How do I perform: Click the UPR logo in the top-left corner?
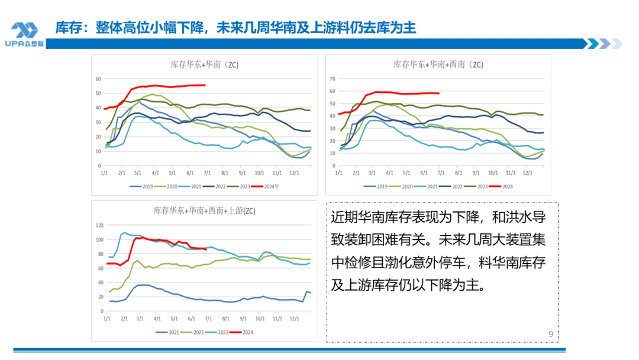[24, 33]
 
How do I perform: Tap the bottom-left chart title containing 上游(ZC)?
[204, 210]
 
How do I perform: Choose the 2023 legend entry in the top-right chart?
[480, 186]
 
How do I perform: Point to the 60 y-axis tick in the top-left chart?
[98, 79]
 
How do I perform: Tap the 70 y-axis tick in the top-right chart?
[333, 79]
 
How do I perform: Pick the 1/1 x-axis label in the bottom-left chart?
[106, 319]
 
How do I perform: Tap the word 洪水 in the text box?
[513, 217]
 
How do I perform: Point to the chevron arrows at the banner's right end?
[603, 43]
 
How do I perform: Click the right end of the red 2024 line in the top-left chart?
[205, 85]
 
